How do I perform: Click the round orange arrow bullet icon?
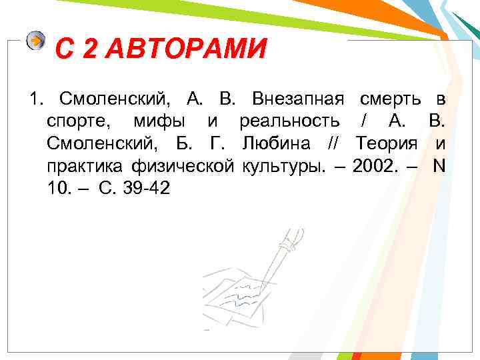36,41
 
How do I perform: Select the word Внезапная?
298,100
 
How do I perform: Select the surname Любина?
273,144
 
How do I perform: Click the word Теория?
387,144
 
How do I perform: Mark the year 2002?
373,166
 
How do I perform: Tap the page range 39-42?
146,188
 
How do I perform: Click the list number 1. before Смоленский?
35,100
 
